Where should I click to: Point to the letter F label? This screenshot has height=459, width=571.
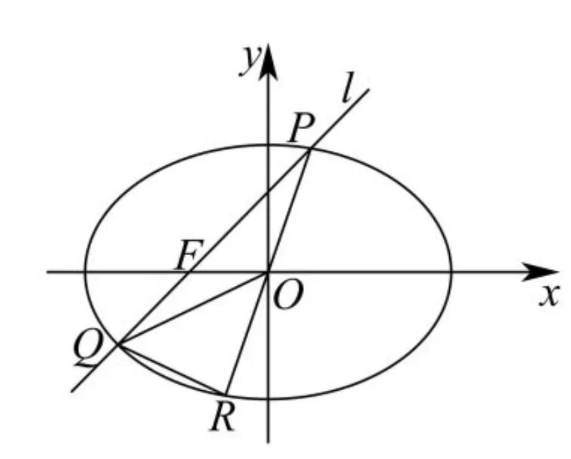[x=187, y=254]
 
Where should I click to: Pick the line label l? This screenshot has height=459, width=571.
[x=348, y=87]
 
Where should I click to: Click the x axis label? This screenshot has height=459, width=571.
[x=549, y=296]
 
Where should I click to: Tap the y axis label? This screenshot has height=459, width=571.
[x=249, y=60]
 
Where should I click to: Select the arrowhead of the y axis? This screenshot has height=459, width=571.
[x=268, y=62]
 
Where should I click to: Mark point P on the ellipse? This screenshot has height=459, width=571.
[x=310, y=149]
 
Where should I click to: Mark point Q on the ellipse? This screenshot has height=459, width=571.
[x=119, y=344]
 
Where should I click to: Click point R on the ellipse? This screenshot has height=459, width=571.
[x=226, y=394]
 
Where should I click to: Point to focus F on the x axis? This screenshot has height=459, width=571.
[x=189, y=271]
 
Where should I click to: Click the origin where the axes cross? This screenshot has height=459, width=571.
[x=268, y=271]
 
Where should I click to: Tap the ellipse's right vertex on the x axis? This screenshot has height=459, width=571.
[x=452, y=271]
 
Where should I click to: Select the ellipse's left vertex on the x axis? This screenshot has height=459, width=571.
[x=85, y=271]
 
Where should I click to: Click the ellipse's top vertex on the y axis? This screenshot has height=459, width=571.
[x=268, y=145]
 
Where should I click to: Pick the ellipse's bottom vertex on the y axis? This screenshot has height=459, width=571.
[x=268, y=399]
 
